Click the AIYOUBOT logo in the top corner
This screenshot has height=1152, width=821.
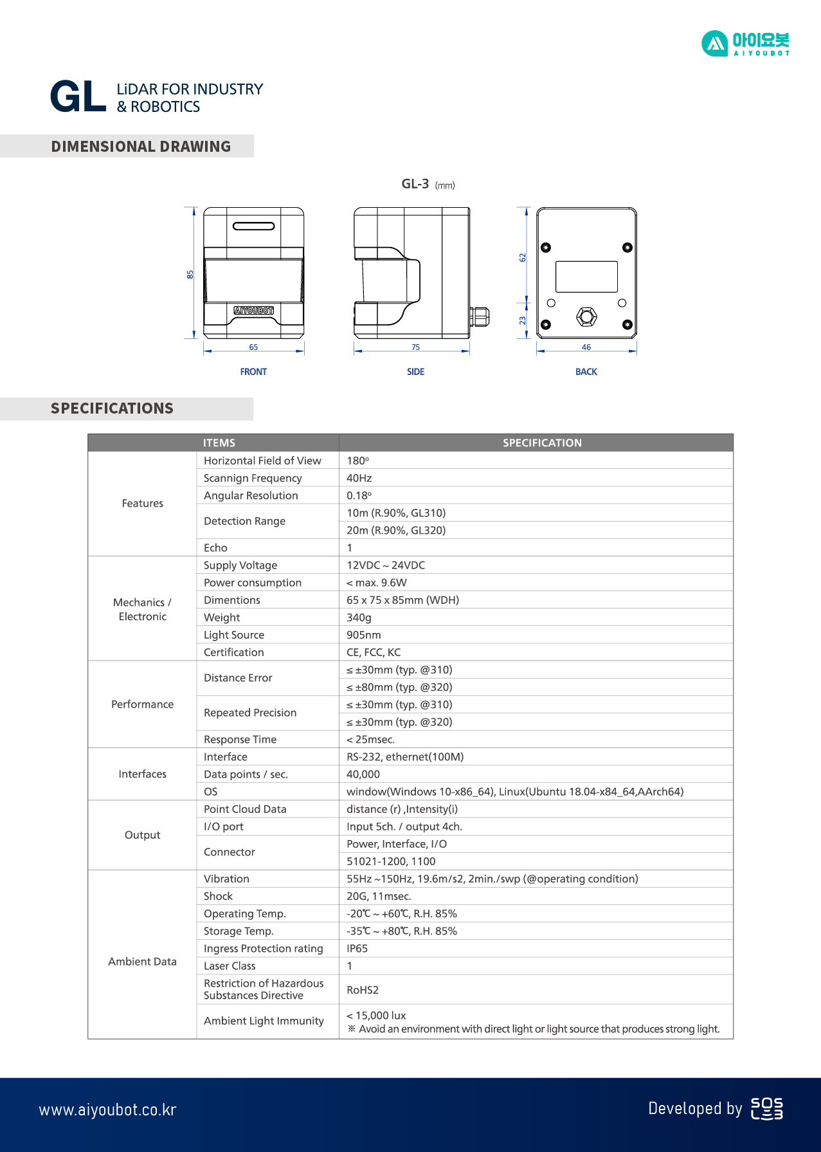745,44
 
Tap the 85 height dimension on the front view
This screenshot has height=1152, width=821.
190,275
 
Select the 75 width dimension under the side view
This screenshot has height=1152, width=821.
416,347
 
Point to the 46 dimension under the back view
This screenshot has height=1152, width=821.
586,347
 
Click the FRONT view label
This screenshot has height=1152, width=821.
253,372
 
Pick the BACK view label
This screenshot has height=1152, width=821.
586,372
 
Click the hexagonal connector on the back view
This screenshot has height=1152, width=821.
586,316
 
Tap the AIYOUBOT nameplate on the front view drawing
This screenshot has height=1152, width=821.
253,311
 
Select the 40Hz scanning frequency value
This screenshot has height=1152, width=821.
359,478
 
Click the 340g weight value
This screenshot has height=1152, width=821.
359,617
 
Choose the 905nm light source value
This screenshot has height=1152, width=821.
364,635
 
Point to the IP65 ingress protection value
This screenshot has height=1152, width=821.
357,949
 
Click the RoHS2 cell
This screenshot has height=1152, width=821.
363,990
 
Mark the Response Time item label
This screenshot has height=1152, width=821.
240,740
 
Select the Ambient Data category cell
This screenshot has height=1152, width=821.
142,962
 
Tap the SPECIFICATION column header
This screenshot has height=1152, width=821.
542,443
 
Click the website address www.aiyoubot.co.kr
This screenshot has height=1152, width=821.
107,1110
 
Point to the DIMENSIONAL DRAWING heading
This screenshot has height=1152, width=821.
141,147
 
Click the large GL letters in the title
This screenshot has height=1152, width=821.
78,97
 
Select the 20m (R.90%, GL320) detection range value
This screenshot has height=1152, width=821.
396,531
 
